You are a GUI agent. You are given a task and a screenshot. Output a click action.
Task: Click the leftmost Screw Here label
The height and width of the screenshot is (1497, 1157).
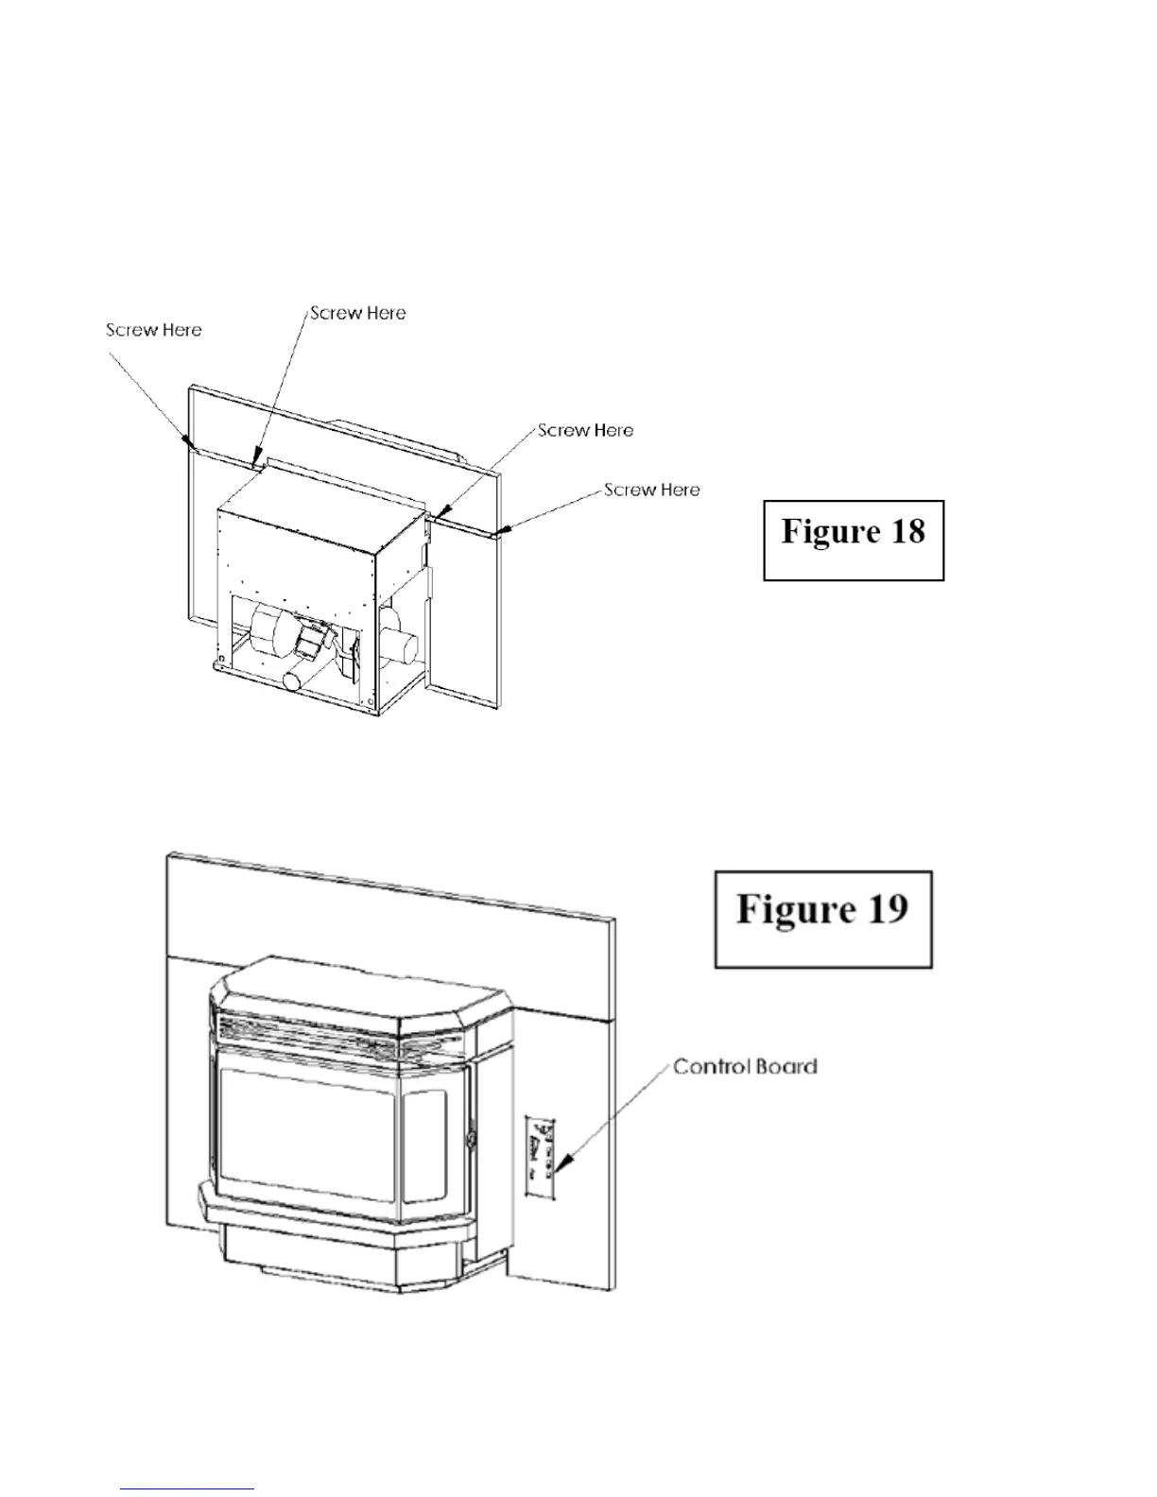click(153, 330)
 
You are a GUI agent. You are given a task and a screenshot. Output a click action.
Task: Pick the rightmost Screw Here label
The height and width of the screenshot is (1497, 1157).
click(652, 490)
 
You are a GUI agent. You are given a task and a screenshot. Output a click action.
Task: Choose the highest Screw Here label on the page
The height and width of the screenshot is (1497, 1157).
click(358, 313)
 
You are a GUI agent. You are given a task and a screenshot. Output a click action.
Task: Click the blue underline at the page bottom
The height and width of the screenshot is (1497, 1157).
click(188, 1489)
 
